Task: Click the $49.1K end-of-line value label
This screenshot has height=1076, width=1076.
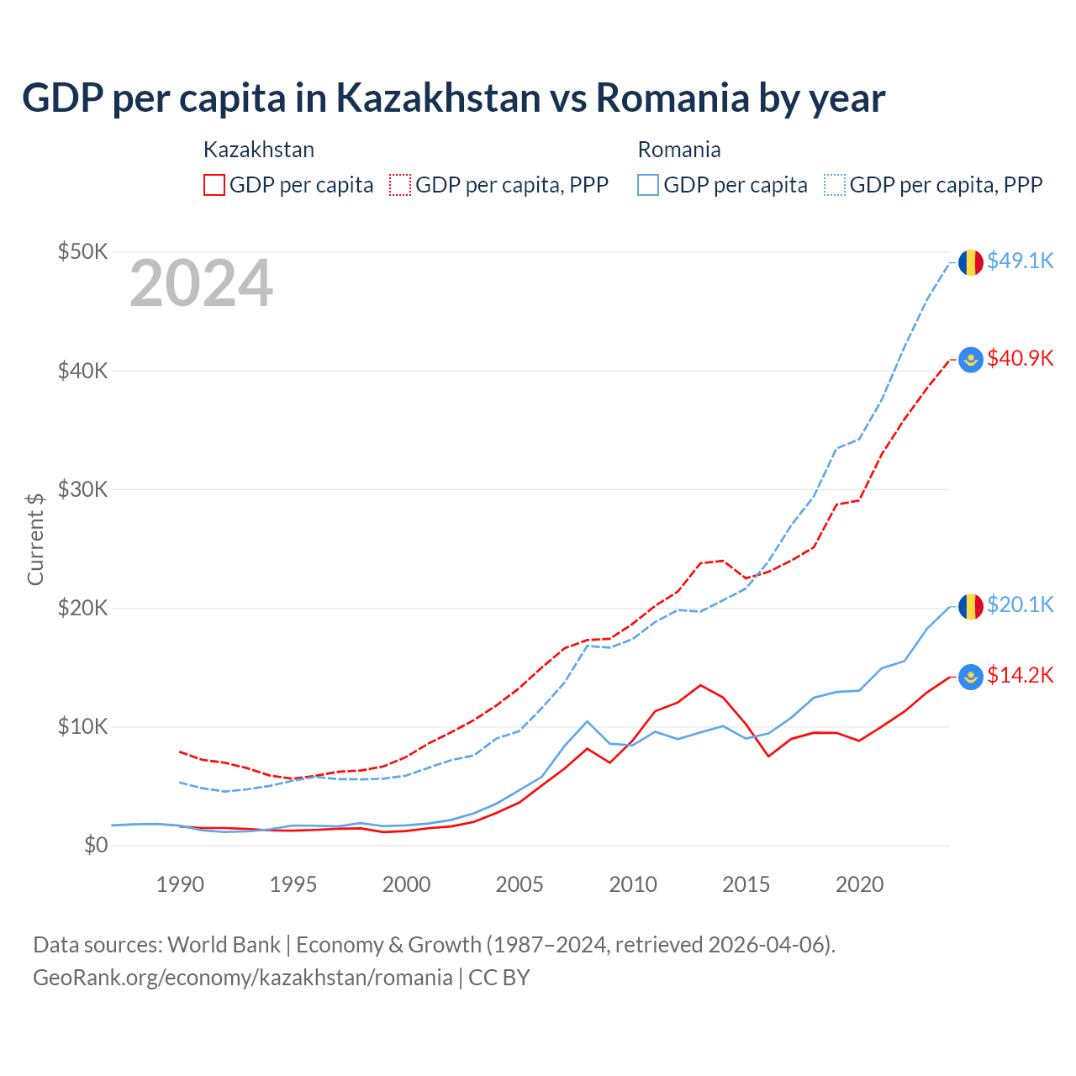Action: (1020, 261)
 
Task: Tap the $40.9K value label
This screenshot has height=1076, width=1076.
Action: (1020, 359)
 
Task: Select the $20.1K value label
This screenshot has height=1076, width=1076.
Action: (1020, 605)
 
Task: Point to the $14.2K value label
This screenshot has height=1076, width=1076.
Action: (1020, 676)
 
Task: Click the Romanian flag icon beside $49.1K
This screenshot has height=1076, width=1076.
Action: (971, 262)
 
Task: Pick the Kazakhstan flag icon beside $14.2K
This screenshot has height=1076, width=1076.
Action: (971, 677)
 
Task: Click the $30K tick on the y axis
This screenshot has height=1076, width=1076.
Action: (82, 489)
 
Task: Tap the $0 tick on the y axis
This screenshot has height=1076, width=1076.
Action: (96, 846)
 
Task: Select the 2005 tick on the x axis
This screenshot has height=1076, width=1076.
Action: (520, 884)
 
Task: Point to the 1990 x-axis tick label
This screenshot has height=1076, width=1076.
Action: (180, 884)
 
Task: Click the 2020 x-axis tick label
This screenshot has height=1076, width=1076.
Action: (859, 884)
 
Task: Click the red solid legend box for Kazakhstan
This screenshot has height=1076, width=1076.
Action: (214, 185)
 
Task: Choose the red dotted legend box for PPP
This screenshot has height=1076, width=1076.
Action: (400, 185)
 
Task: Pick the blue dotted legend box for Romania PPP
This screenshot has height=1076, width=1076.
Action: (835, 185)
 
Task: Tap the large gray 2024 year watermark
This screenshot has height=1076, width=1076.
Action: (201, 284)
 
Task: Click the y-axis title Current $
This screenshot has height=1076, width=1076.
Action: (35, 538)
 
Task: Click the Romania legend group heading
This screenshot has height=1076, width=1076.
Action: (679, 150)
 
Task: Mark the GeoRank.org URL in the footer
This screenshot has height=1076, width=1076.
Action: (242, 978)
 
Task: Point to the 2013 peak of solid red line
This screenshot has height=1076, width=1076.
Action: (700, 685)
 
